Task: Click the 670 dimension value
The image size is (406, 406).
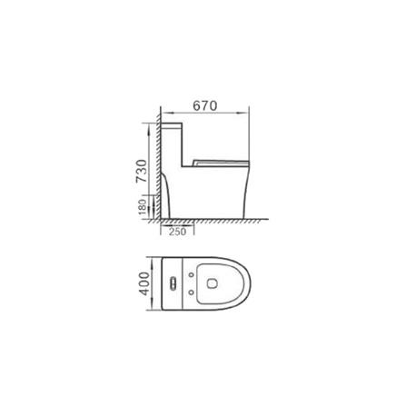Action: [204, 105]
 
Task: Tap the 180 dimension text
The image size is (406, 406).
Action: [141, 210]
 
